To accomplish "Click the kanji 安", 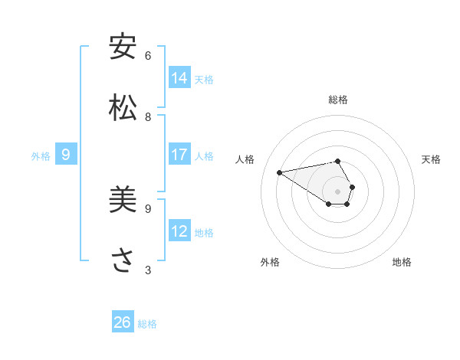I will [123, 47].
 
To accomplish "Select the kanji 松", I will [123, 108].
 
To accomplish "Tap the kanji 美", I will [123, 200].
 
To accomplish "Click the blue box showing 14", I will [179, 78].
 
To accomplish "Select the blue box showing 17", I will [179, 155].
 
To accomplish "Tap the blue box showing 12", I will [179, 231].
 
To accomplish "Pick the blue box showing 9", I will [66, 155].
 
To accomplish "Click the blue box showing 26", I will [123, 322].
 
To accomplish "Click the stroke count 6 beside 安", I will [148, 56].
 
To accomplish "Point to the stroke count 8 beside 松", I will [148, 117].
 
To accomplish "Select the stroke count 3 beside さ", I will [148, 270].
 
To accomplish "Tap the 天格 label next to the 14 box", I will [204, 80].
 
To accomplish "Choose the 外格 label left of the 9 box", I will [41, 156].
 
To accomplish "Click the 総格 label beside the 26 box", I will [147, 324].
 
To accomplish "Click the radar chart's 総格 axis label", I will [338, 100].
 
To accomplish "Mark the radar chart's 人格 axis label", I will [245, 159].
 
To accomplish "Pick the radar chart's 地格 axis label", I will [402, 262].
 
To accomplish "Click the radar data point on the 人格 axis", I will [280, 172].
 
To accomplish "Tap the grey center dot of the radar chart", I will [338, 191].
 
